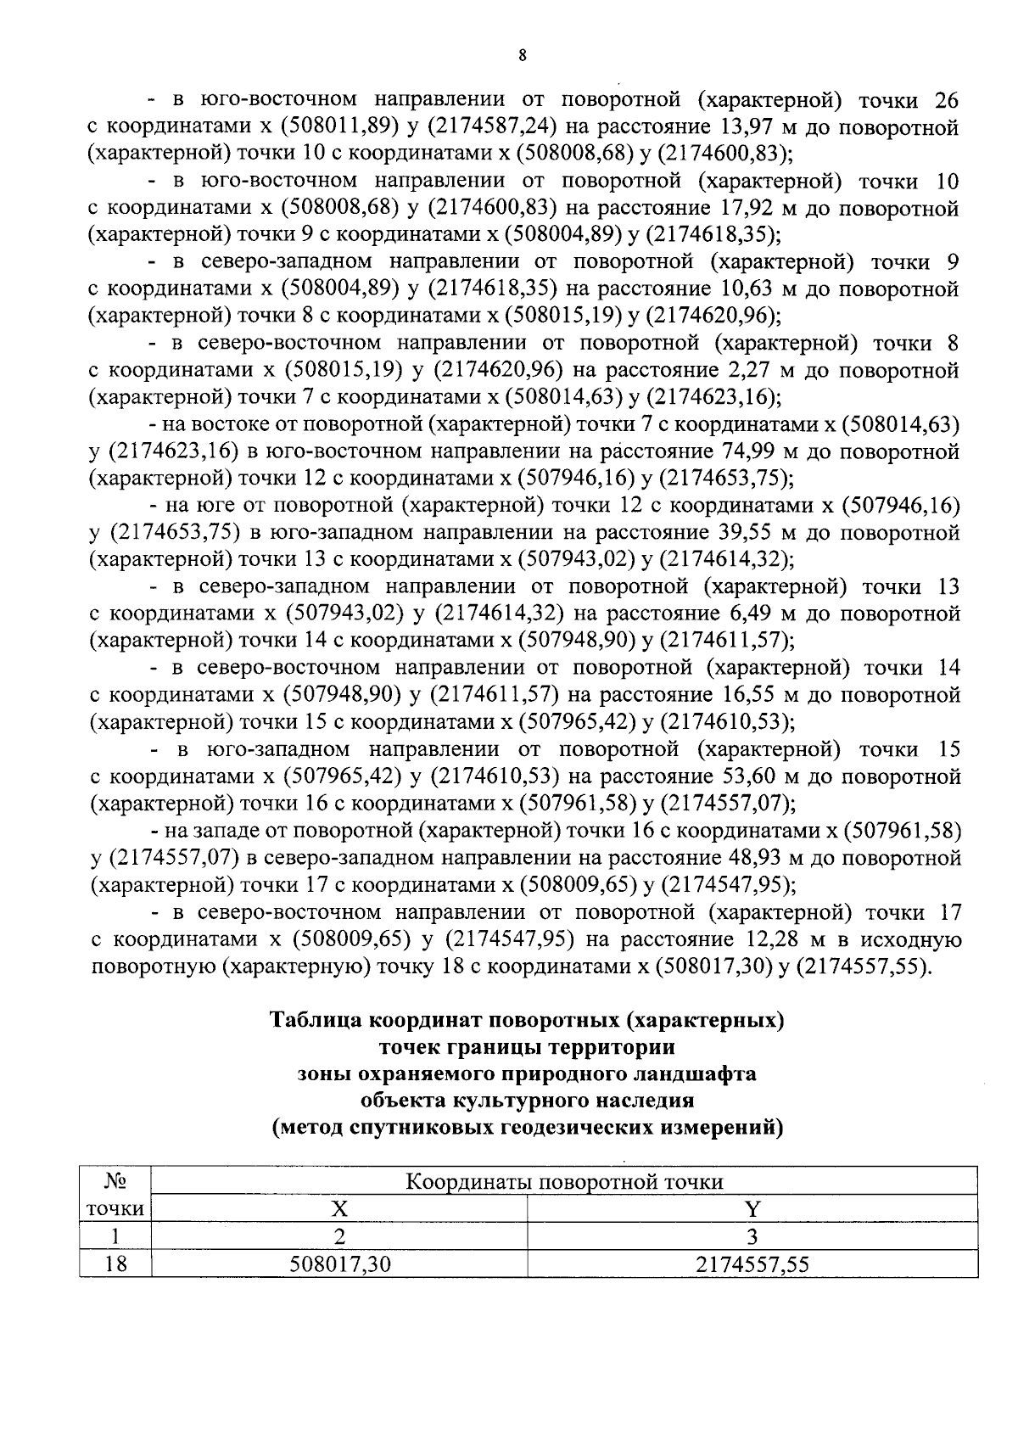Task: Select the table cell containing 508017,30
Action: tap(339, 1264)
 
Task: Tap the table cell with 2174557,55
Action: tap(752, 1264)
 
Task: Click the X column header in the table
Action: tap(339, 1208)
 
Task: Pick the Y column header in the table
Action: tap(752, 1208)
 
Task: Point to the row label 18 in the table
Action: tap(115, 1264)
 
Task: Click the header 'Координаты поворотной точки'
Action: tap(564, 1181)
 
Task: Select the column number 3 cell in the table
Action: tap(752, 1236)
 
